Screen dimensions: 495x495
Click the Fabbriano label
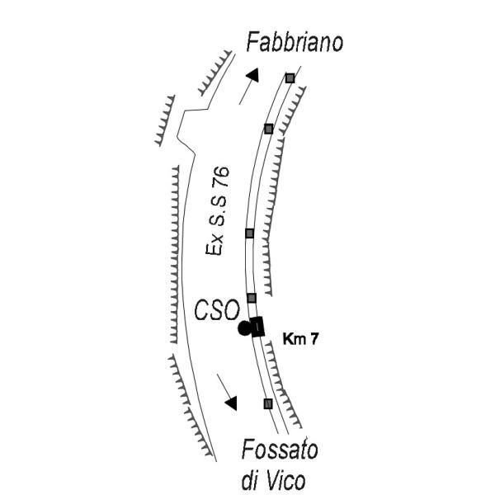click(x=295, y=42)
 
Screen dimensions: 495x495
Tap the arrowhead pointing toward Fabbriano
click(x=253, y=75)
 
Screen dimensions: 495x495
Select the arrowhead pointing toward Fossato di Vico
click(x=231, y=403)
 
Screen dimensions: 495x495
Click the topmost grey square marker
click(x=290, y=78)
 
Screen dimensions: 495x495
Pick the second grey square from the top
click(x=268, y=129)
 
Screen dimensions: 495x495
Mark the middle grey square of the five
click(x=249, y=233)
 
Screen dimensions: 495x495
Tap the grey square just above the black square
click(x=252, y=298)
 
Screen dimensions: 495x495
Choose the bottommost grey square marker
click(x=268, y=403)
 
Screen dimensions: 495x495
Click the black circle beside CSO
click(x=244, y=328)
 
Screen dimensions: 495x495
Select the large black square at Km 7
click(x=257, y=327)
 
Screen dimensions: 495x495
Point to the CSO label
click(x=217, y=310)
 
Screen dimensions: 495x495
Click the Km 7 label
click(x=300, y=339)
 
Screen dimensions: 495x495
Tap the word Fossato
click(x=280, y=450)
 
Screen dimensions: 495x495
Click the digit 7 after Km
click(x=313, y=339)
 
